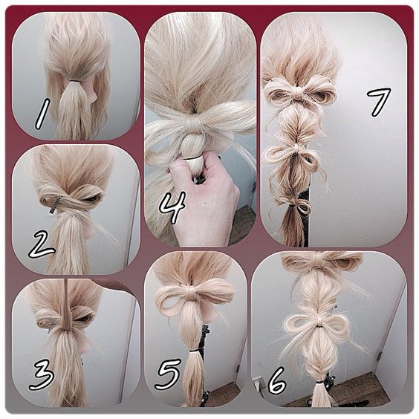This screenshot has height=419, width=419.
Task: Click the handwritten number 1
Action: [43, 114]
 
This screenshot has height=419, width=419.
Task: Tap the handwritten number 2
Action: [42, 245]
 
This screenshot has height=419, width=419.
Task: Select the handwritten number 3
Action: [42, 374]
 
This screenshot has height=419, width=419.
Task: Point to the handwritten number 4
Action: [172, 207]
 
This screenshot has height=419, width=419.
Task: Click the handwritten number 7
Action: [379, 102]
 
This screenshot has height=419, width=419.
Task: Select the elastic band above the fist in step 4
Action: [192, 158]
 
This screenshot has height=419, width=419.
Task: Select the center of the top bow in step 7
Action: [296, 93]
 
